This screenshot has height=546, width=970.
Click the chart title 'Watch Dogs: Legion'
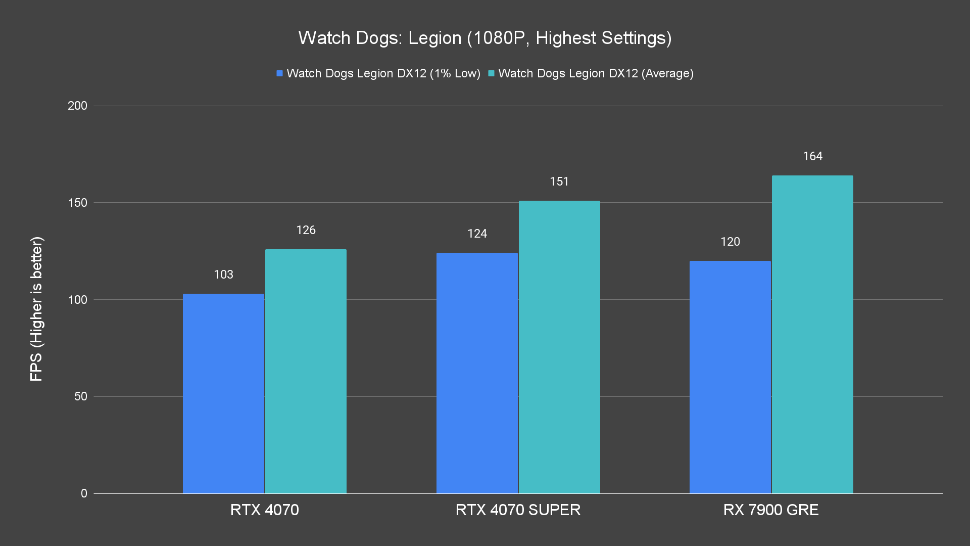coord(484,38)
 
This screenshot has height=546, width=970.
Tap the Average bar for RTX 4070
coord(306,371)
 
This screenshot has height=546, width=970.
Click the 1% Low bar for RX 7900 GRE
coord(730,377)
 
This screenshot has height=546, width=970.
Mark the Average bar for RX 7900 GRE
coord(812,334)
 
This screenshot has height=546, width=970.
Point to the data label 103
coord(223,275)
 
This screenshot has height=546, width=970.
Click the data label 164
coord(812,156)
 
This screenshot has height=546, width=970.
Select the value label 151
coord(559,181)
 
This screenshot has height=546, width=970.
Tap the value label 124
coord(477,234)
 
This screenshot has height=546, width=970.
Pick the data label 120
coord(730,242)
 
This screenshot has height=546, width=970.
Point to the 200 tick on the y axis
coord(77,106)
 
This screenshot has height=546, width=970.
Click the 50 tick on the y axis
coord(81,396)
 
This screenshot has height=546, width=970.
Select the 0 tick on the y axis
coord(84,493)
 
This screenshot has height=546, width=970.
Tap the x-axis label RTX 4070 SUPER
coord(518,510)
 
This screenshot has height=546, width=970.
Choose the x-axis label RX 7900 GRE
coord(771,510)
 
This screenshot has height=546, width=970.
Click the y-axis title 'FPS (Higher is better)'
coord(36,309)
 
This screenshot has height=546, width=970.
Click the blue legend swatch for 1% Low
coord(279,73)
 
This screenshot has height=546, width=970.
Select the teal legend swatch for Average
coord(491,73)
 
